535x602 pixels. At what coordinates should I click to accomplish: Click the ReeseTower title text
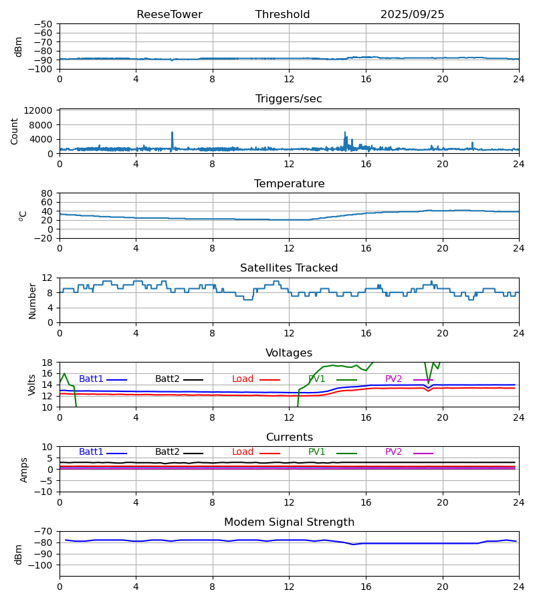169,15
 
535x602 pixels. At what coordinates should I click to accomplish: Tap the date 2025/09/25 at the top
412,15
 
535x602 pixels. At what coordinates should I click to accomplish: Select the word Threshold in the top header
282,15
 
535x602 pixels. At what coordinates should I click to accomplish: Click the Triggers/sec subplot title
289,99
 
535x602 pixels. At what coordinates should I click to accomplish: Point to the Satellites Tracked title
289,268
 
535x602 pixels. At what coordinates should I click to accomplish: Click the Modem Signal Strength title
289,522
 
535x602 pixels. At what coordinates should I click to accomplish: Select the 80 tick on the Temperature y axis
47,193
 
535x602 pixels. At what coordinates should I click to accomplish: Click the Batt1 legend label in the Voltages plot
91,379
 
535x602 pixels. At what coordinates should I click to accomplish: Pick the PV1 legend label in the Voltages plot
317,379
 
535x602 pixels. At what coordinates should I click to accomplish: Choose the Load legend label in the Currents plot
243,452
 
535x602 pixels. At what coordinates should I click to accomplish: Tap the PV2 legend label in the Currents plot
393,452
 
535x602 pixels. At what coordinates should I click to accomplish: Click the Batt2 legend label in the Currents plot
167,452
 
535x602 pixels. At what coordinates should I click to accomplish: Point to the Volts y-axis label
32,385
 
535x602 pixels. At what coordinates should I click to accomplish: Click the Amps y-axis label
24,470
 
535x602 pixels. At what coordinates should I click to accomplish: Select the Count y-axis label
15,131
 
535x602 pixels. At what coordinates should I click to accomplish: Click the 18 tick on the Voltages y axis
47,363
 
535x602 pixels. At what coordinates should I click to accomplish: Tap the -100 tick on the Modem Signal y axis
41,565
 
